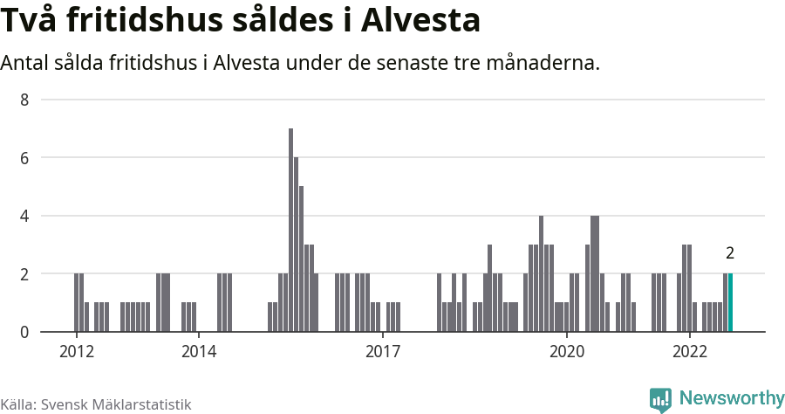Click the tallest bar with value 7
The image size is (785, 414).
290,231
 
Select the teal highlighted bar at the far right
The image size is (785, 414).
730,303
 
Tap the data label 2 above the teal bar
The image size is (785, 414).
730,254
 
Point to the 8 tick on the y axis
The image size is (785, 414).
24,100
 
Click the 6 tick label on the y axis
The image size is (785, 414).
24,158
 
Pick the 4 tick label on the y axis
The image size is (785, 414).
24,216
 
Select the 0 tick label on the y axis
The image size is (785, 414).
24,332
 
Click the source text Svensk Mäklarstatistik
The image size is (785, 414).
116,404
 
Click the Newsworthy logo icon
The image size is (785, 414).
660,400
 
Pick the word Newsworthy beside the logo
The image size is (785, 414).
732,399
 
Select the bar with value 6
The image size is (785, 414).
296,245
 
